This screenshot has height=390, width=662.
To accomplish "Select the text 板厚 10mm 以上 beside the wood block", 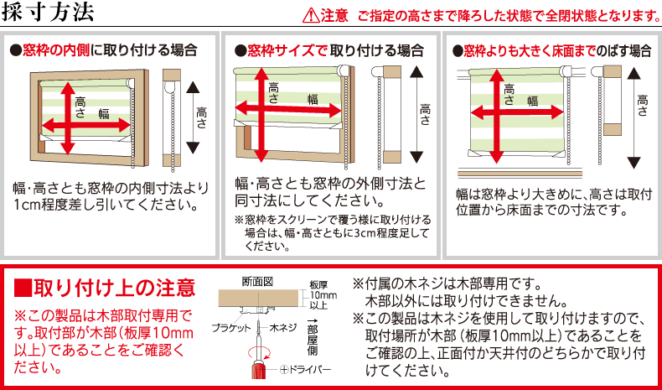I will (x=318, y=295).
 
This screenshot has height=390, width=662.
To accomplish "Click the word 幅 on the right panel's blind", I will (x=531, y=101).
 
